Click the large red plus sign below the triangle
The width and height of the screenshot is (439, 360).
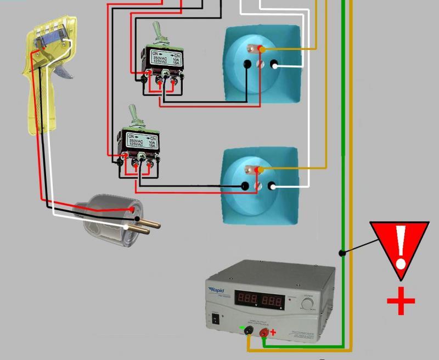click(x=401, y=301)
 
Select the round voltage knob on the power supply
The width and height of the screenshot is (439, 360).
click(x=307, y=302)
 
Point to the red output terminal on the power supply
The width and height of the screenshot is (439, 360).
click(x=264, y=333)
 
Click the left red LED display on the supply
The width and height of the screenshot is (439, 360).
click(x=247, y=300)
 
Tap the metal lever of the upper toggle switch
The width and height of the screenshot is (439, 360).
click(x=157, y=33)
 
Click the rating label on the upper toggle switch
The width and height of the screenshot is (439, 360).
click(x=167, y=58)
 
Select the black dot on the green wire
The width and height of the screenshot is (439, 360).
click(x=341, y=253)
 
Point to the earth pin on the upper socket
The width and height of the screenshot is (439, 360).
click(x=254, y=48)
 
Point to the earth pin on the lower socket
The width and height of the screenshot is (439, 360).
click(x=253, y=169)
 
